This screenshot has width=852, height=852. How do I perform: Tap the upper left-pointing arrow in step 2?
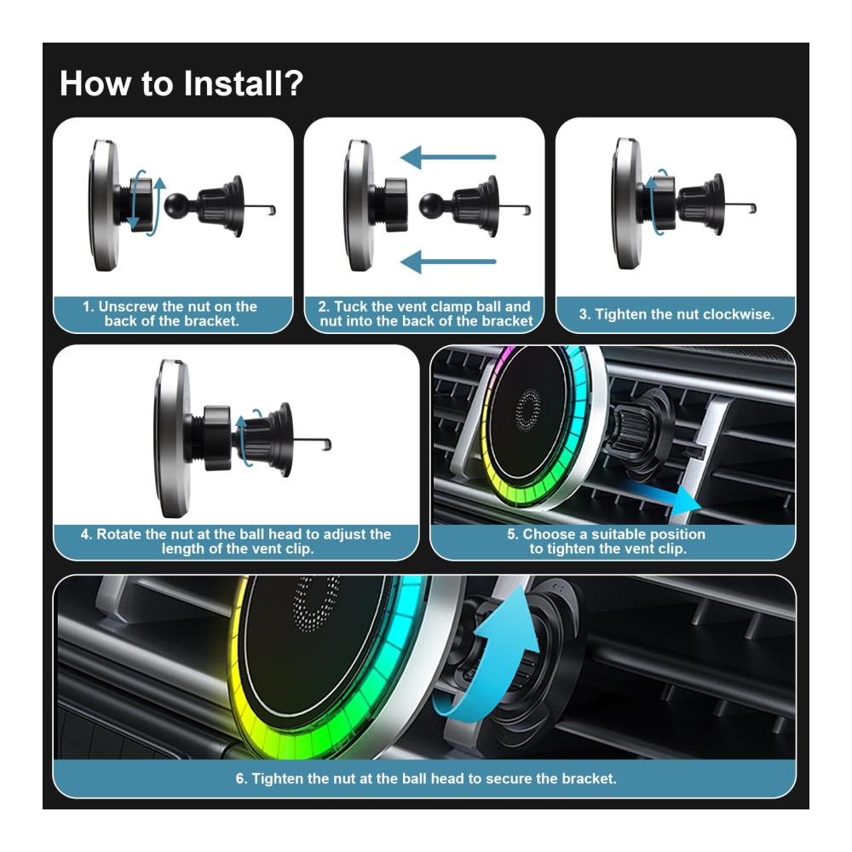tap(448, 157)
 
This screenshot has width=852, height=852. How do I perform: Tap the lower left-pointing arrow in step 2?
tap(448, 262)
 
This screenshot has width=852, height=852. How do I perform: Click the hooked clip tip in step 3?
tap(752, 208)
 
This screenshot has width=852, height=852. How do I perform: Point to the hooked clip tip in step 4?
tap(326, 444)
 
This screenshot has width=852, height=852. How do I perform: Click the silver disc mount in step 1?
tap(104, 205)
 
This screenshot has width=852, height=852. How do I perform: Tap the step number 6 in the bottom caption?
tap(240, 779)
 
